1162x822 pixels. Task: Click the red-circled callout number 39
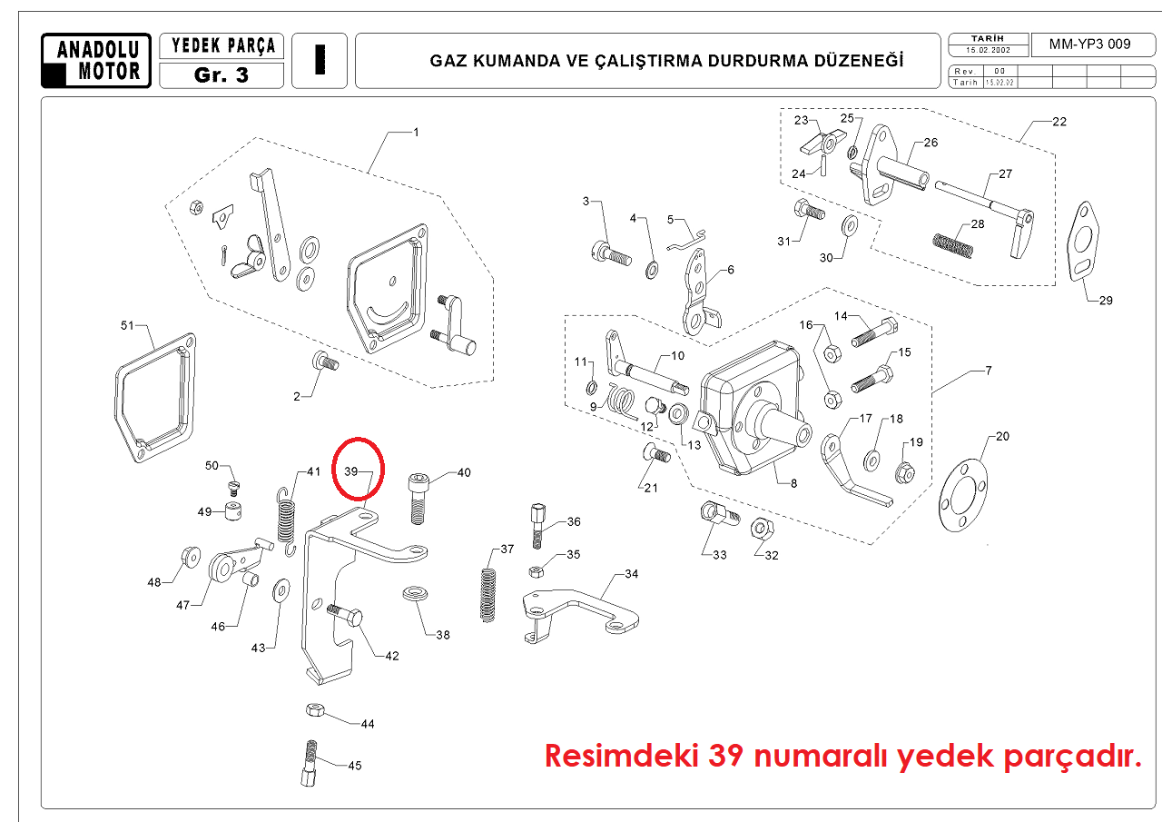click(x=353, y=471)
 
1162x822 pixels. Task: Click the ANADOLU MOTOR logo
click(x=96, y=60)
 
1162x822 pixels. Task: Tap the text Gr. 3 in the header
click(x=221, y=75)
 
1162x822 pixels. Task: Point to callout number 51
click(x=127, y=325)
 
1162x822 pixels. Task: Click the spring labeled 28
click(x=954, y=244)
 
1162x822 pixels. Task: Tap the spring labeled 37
click(x=490, y=594)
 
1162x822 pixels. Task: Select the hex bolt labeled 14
click(x=874, y=333)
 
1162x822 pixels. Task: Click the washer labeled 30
click(x=851, y=226)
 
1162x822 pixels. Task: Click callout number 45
click(x=354, y=766)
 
